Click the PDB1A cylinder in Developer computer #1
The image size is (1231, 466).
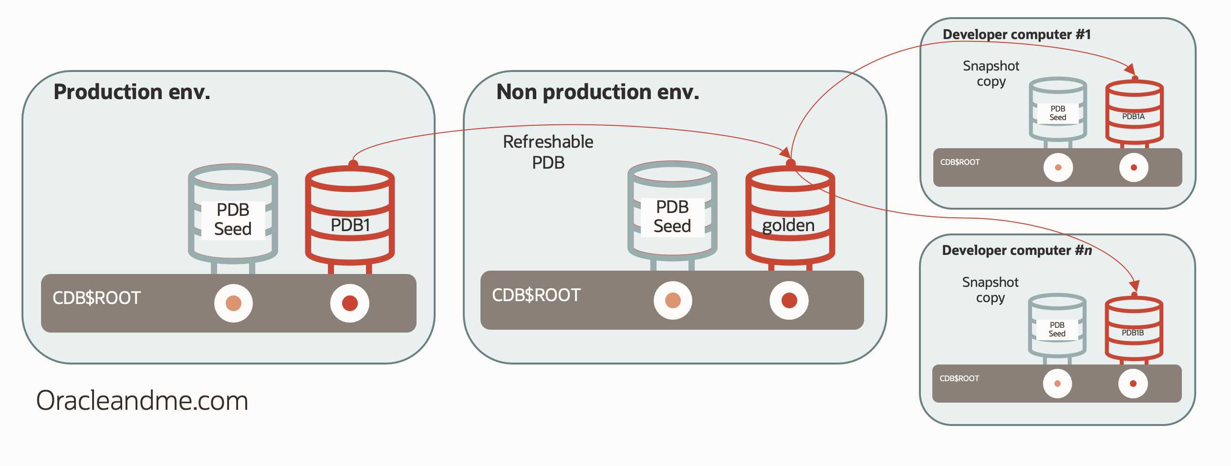(x=1134, y=112)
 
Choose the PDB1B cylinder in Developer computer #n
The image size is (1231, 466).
(x=1134, y=329)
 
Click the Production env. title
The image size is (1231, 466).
(x=132, y=91)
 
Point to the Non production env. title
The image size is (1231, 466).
(x=597, y=91)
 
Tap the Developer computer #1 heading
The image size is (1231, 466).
(x=1016, y=34)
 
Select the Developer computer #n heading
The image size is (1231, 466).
(x=1016, y=250)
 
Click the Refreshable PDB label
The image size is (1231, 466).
(x=548, y=152)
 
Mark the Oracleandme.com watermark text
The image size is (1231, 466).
(x=142, y=400)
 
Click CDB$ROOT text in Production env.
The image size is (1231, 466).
(x=96, y=298)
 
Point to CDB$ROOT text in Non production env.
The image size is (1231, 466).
(x=536, y=295)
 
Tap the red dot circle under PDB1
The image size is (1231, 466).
(x=350, y=303)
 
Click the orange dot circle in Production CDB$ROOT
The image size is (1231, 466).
(x=233, y=303)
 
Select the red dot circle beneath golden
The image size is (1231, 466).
(x=789, y=300)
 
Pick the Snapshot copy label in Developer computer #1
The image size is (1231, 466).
(x=991, y=73)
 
